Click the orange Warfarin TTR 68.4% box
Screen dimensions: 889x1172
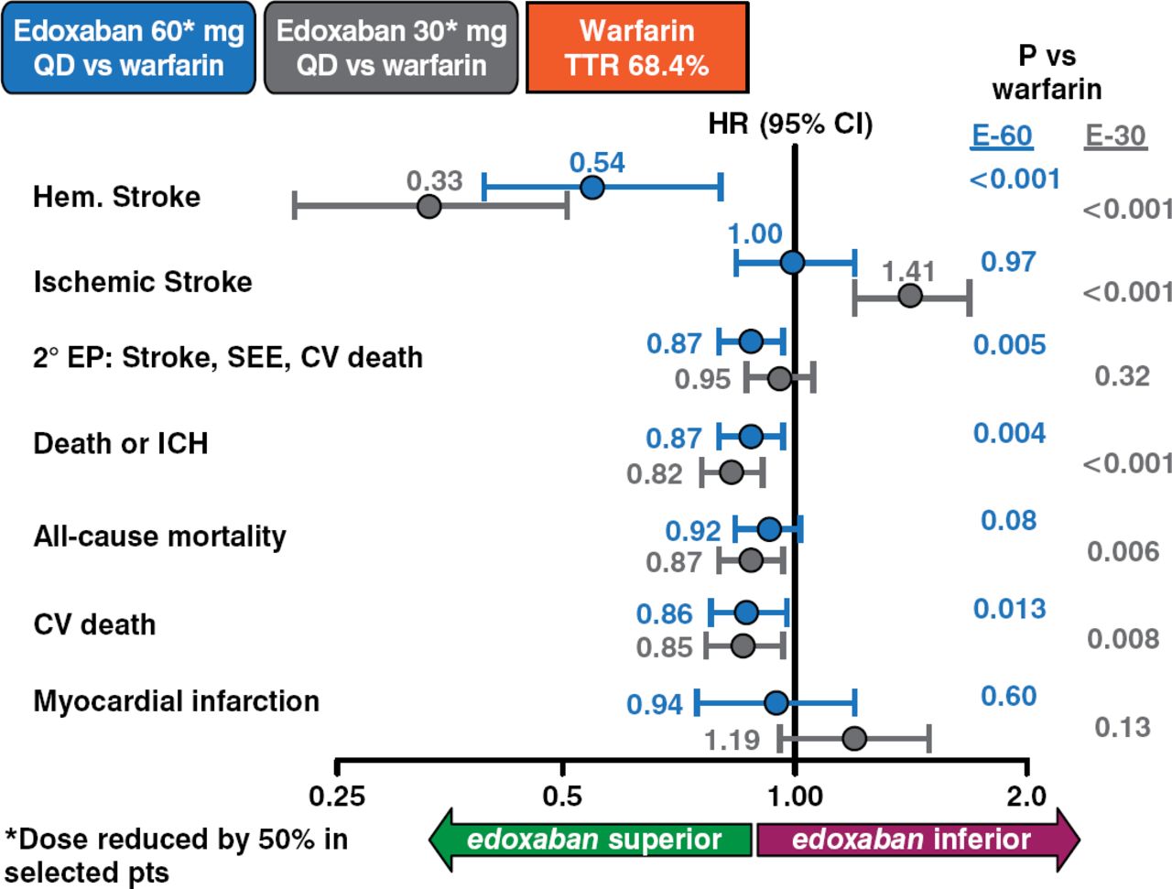(636, 48)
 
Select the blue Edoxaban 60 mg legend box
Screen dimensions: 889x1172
(128, 48)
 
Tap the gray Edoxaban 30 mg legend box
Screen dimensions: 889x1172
(391, 48)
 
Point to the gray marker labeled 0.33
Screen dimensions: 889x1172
(429, 206)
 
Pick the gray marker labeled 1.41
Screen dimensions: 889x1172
(910, 296)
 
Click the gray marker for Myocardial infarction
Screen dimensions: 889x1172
(854, 738)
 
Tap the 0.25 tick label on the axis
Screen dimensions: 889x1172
(337, 795)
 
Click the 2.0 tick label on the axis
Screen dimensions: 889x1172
(1026, 795)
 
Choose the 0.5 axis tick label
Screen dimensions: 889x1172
(562, 795)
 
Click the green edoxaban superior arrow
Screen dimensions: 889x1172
(591, 839)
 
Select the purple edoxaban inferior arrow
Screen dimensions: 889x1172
(916, 839)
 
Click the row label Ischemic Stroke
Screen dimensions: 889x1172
(143, 282)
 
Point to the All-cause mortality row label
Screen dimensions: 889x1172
(159, 536)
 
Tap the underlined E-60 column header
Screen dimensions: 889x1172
(1002, 136)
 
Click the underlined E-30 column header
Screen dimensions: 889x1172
(1115, 136)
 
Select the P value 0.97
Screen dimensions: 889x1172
(1008, 262)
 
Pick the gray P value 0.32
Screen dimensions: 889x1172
(1122, 375)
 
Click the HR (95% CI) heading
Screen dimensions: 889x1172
(790, 124)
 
